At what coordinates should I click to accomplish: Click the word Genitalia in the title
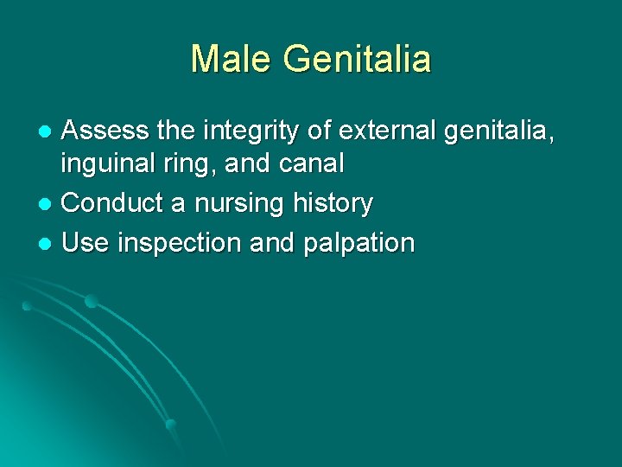click(x=356, y=59)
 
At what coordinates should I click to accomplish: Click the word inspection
click(x=178, y=244)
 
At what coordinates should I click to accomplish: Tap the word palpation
click(x=359, y=244)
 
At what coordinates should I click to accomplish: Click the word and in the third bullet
click(x=271, y=242)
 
